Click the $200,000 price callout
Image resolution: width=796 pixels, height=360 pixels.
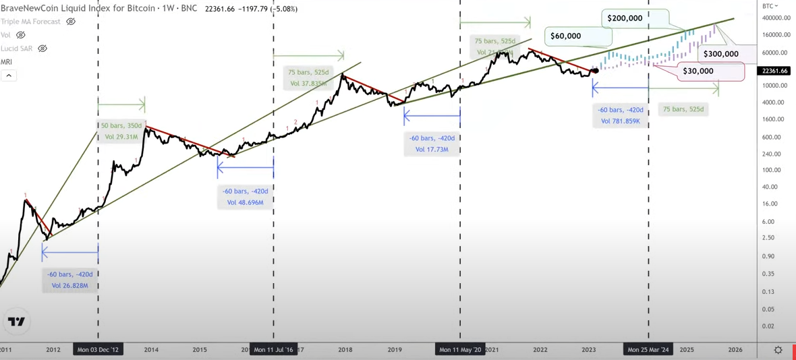click(625, 18)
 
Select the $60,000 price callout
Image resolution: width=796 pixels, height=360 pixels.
click(565, 36)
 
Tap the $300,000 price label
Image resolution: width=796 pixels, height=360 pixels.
click(720, 54)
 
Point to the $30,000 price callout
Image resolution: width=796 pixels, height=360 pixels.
click(698, 71)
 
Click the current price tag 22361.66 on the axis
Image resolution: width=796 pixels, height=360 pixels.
click(774, 71)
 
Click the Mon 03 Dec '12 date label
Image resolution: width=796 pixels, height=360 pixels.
click(98, 350)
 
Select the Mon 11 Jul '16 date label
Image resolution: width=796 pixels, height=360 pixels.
click(273, 350)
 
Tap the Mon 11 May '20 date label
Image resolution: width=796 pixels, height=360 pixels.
click(460, 350)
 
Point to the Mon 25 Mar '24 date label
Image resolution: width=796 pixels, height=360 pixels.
click(648, 350)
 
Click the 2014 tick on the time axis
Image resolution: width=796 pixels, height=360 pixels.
click(151, 350)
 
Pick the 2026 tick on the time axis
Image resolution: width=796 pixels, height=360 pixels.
click(735, 350)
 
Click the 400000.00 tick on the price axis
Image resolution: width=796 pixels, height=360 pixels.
click(772, 18)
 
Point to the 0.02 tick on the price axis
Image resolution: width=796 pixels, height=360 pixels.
click(768, 326)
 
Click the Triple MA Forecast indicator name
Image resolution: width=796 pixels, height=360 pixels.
click(31, 22)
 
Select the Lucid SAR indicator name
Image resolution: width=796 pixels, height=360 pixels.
click(16, 49)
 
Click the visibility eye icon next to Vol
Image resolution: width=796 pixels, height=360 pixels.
click(21, 35)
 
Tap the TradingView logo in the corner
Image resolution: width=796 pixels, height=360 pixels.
click(16, 322)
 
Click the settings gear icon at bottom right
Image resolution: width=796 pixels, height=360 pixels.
click(778, 350)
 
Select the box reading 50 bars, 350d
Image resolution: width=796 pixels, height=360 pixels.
click(121, 131)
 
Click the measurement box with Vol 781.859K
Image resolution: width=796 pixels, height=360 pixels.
click(621, 115)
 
